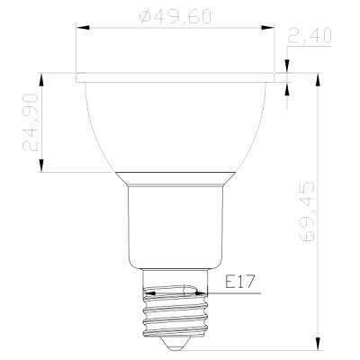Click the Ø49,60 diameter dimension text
[x=175, y=16]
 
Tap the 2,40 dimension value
[x=310, y=35]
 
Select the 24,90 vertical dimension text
[x=31, y=122]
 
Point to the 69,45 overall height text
[x=307, y=211]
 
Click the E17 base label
[x=239, y=282]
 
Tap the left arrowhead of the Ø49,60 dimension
[x=83, y=28]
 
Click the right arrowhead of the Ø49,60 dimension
[x=267, y=28]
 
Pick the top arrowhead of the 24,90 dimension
[x=41, y=79]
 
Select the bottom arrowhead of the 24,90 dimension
[x=41, y=166]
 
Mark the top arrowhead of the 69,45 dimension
[x=319, y=79]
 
